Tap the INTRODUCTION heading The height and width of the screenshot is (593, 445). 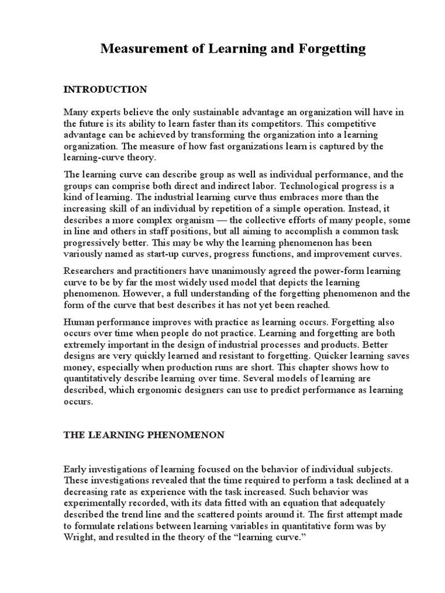tap(105, 90)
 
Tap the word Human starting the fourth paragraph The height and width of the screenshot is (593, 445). tap(78, 323)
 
